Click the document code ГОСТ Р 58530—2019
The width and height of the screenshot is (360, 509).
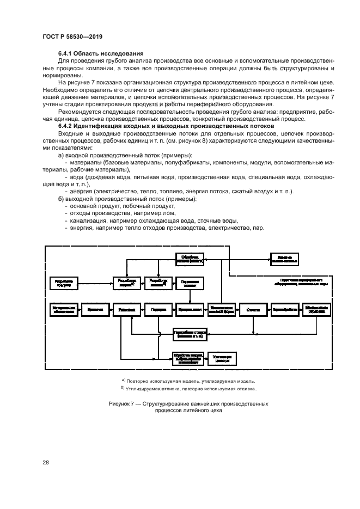click(72, 36)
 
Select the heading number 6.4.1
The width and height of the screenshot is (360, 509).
click(65, 53)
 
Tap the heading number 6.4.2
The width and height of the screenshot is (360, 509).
click(65, 126)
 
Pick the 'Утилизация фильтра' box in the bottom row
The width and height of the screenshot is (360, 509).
click(222, 358)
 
